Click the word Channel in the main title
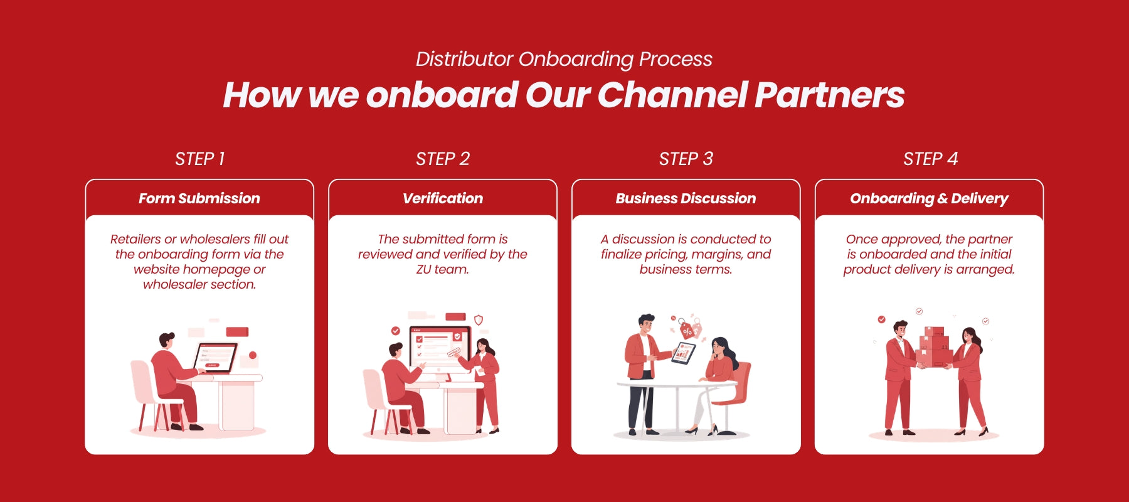pos(672,95)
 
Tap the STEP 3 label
pos(686,159)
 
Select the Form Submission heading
pos(199,198)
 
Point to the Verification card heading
pos(443,198)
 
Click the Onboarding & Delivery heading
pos(929,198)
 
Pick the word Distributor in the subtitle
pos(464,59)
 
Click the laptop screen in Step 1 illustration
pos(215,357)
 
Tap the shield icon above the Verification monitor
pos(479,320)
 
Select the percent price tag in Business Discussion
pos(687,331)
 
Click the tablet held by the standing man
pos(684,353)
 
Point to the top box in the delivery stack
pos(934,331)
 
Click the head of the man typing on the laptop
pos(166,341)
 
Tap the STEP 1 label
pos(199,159)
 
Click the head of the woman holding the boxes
pos(970,335)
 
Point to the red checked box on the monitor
pos(457,337)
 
